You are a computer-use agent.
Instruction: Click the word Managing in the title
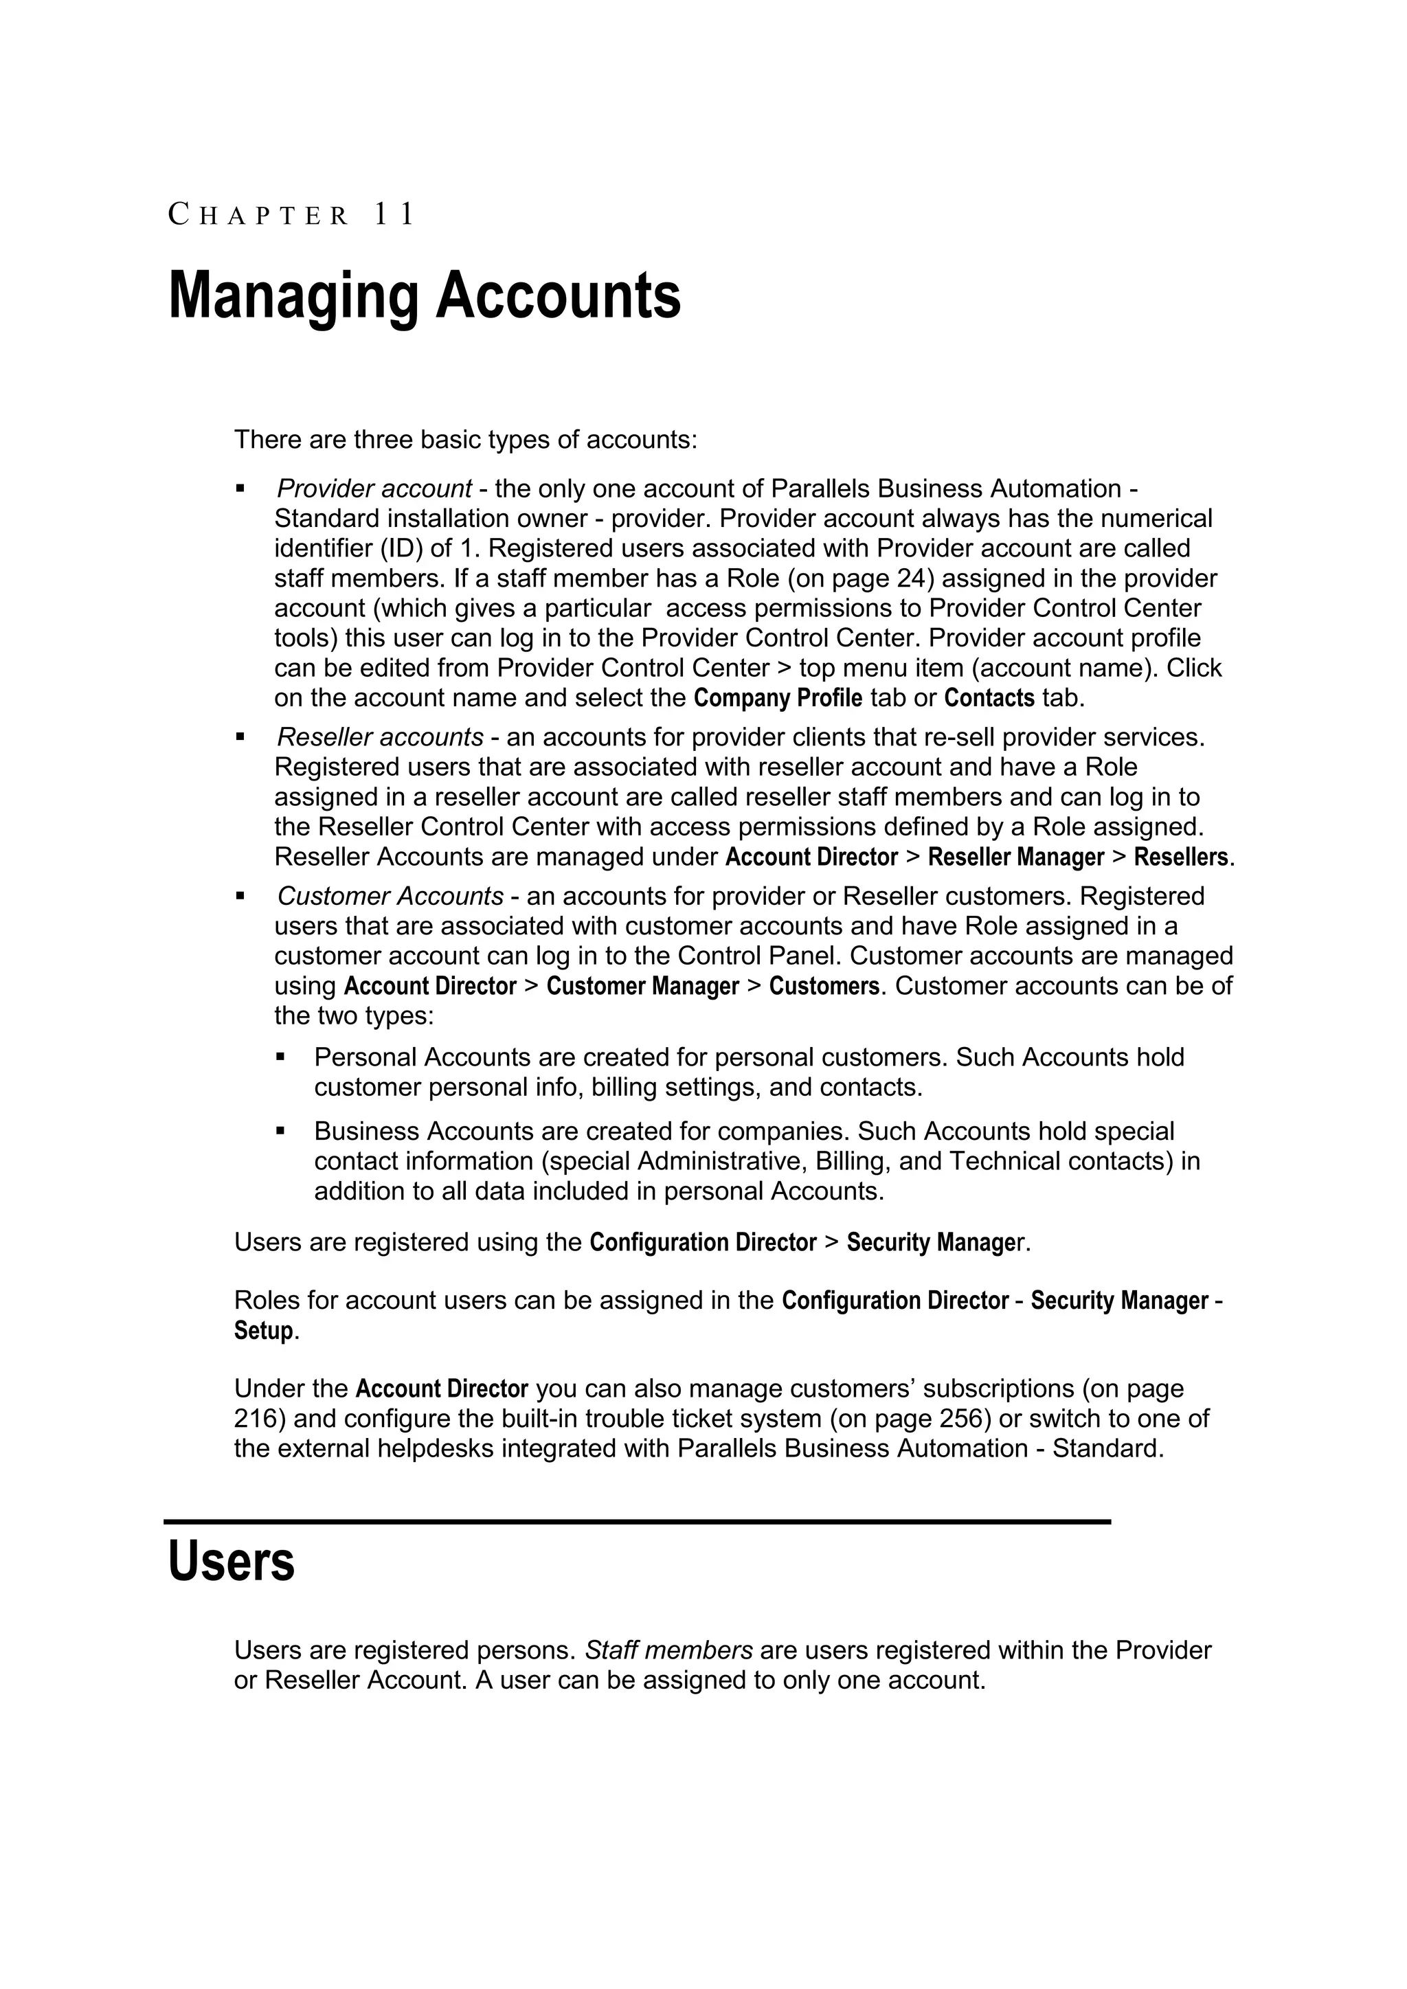pyautogui.click(x=292, y=296)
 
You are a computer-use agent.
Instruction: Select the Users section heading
pyautogui.click(x=232, y=1562)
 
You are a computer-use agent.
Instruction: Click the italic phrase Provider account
pyautogui.click(x=374, y=489)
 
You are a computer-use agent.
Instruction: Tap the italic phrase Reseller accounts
pyautogui.click(x=379, y=737)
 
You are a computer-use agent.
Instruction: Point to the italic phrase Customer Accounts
pyautogui.click(x=390, y=896)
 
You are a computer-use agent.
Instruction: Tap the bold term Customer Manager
pyautogui.click(x=642, y=987)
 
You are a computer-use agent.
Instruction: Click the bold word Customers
pyautogui.click(x=824, y=987)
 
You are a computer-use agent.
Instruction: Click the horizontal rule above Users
pyautogui.click(x=637, y=1521)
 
